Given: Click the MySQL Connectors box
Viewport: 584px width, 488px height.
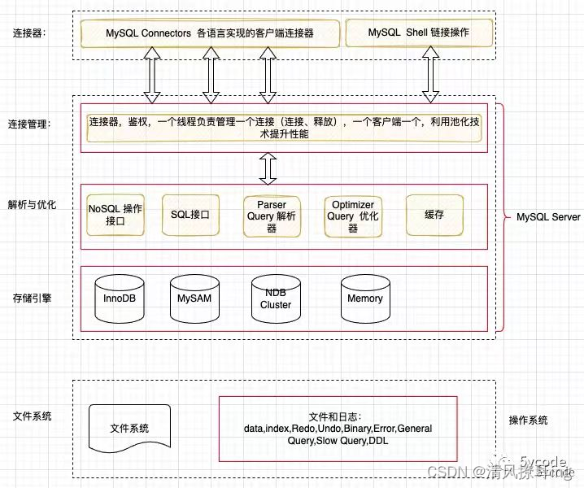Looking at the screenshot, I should (x=209, y=33).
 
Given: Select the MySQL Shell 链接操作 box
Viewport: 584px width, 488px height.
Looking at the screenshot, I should (x=418, y=33).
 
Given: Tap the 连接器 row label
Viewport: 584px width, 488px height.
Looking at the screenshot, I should (x=29, y=33).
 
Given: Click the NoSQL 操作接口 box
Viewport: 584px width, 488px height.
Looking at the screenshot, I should (x=115, y=215).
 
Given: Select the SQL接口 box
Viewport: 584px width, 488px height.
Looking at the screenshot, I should (x=190, y=215).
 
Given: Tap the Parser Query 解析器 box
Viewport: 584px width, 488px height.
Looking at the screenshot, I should (x=272, y=216).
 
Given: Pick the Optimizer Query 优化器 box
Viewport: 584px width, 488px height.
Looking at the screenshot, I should (x=353, y=216).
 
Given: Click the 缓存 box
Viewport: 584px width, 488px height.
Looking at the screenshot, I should (x=434, y=215).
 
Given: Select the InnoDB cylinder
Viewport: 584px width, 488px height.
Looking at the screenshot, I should (x=120, y=298).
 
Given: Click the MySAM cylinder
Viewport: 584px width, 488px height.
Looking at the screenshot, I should (x=195, y=298).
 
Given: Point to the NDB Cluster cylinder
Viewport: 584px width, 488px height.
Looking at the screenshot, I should (x=276, y=298).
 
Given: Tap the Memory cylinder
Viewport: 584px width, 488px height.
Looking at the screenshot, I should (x=364, y=298).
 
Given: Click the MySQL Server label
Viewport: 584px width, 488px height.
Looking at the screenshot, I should (x=548, y=217).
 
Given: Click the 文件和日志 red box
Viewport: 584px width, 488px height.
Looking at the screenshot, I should (x=338, y=428).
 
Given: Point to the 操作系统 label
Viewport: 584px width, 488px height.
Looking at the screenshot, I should (x=528, y=420).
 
